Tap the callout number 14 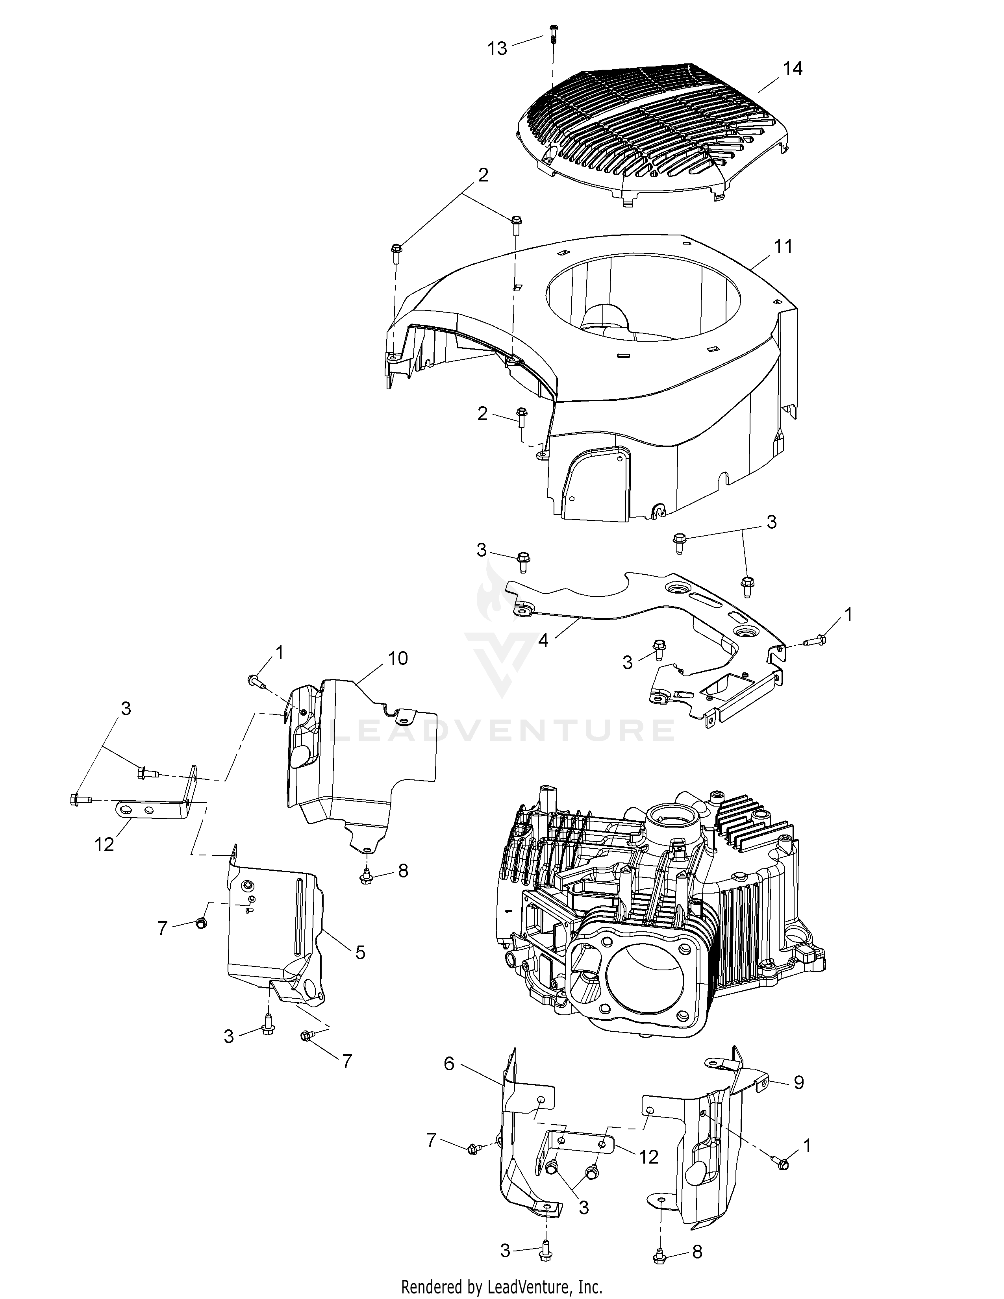[x=792, y=68]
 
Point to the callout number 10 [x=398, y=659]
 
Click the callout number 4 [x=543, y=642]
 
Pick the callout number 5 [x=360, y=952]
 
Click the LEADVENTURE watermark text [x=501, y=730]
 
